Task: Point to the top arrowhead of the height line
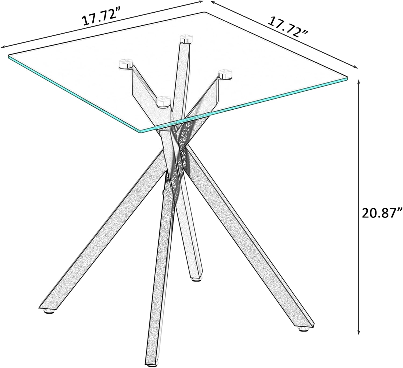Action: coord(359,83)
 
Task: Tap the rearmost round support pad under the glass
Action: coord(186,39)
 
